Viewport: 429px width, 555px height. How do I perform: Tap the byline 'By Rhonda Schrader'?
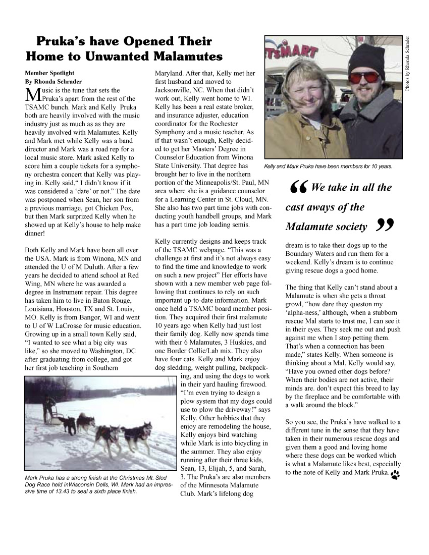pos(53,81)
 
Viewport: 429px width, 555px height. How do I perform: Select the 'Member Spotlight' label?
pos(49,73)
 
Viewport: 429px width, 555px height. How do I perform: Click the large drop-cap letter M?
pos(32,94)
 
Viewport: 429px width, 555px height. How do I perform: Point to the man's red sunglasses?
pos(364,77)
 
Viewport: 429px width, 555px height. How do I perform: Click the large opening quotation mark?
pos(299,189)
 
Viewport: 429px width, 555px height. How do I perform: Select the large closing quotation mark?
pos(385,227)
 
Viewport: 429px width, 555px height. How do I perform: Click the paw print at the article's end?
pos(395,474)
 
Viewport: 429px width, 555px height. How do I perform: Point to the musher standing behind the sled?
pos(49,406)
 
